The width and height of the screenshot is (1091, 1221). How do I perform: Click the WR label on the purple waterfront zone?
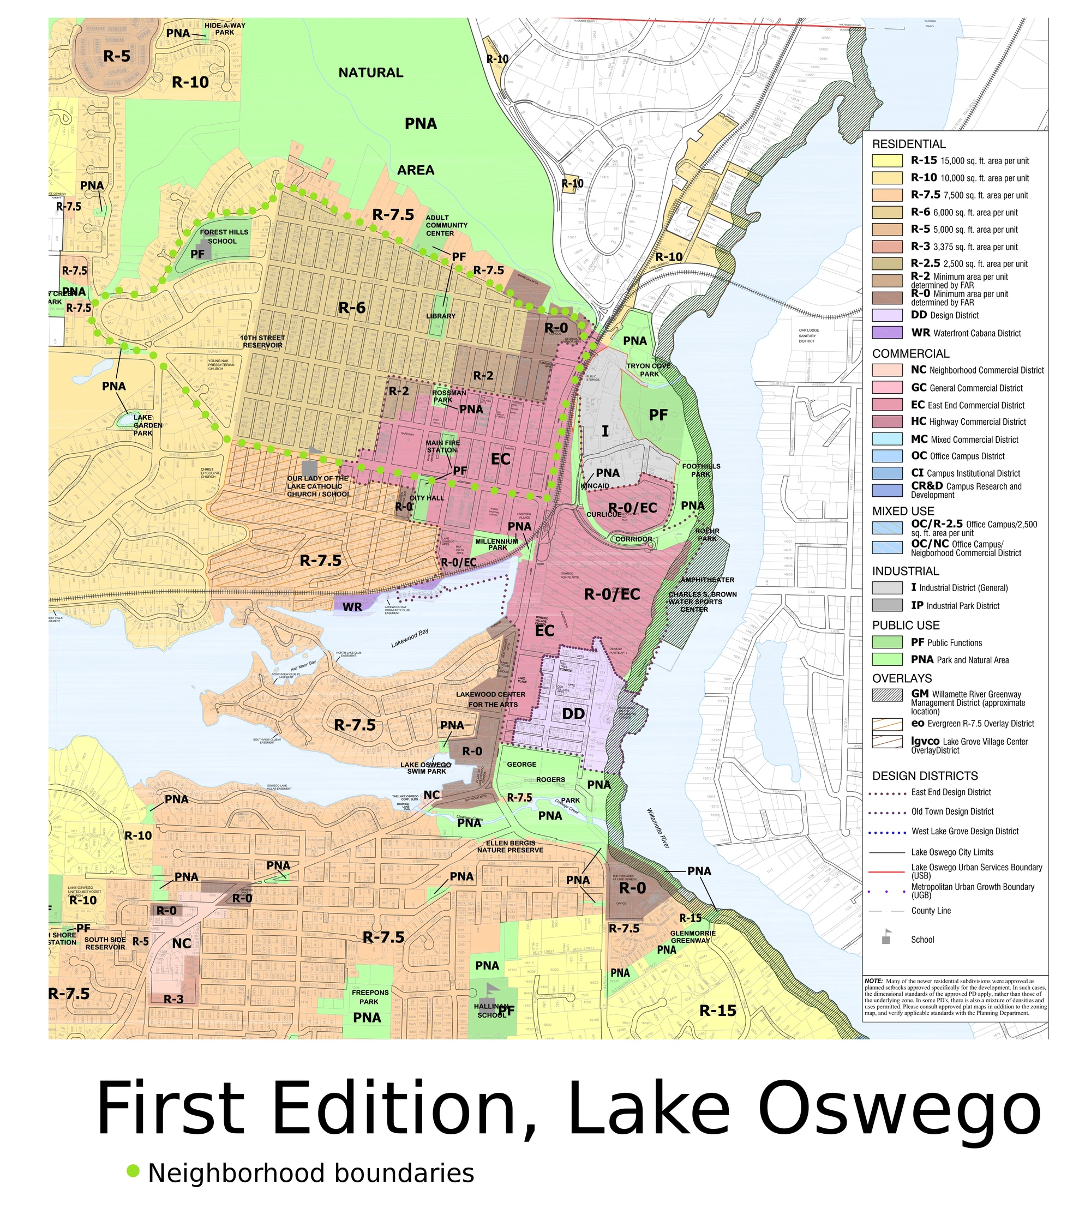352,607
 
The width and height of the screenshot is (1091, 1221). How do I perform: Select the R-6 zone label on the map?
352,308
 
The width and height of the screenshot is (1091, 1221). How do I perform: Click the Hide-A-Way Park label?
225,29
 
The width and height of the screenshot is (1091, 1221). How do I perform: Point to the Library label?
441,316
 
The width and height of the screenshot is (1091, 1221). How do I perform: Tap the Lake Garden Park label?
143,425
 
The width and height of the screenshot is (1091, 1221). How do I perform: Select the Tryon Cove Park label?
649,370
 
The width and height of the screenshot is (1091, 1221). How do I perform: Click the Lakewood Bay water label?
410,639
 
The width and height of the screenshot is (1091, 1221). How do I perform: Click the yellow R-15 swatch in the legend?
886,160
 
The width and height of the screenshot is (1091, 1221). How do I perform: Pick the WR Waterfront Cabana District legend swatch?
886,333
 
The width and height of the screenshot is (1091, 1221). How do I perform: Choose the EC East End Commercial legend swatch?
886,405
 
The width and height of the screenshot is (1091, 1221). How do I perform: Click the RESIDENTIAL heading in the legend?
908,144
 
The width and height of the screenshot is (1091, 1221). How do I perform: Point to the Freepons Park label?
370,997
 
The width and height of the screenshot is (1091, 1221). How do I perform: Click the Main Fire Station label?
443,446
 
